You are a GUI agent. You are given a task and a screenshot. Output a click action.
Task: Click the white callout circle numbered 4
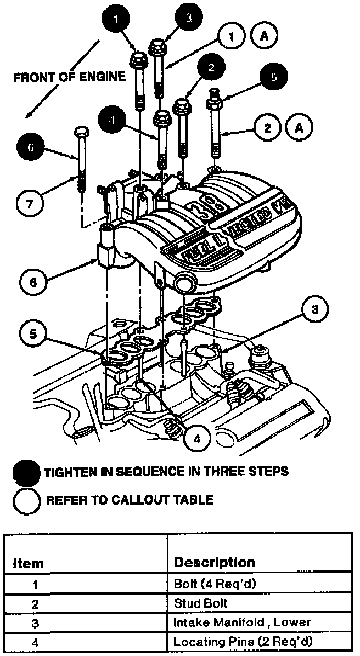pyautogui.click(x=199, y=439)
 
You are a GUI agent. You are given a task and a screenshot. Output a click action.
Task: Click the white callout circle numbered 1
pyautogui.click(x=232, y=37)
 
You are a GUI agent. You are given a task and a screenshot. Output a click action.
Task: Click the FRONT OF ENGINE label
pyautogui.click(x=69, y=77)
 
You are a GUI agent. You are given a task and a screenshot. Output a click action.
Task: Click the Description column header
pyautogui.click(x=214, y=562)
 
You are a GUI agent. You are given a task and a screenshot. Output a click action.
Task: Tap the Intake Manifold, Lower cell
pyautogui.click(x=242, y=622)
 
